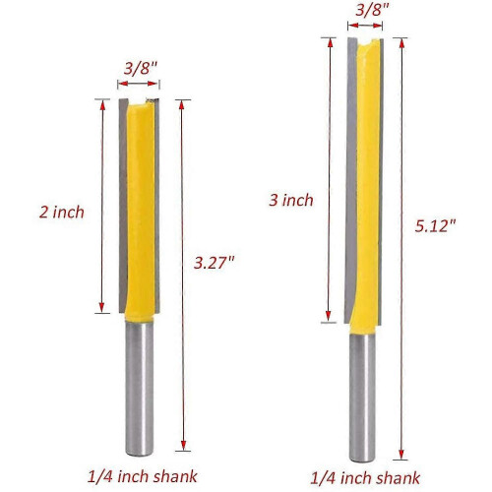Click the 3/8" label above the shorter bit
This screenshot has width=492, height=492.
141,69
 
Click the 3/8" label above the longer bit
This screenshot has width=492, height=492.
372,10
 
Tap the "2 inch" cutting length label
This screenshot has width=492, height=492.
62,213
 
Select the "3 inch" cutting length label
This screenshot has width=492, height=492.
291,200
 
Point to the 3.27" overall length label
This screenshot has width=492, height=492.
215,263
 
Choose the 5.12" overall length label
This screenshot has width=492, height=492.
435,226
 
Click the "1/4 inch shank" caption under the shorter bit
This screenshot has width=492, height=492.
143,476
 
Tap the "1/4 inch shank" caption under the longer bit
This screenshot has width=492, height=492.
365,478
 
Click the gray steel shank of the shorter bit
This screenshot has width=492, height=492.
140,389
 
